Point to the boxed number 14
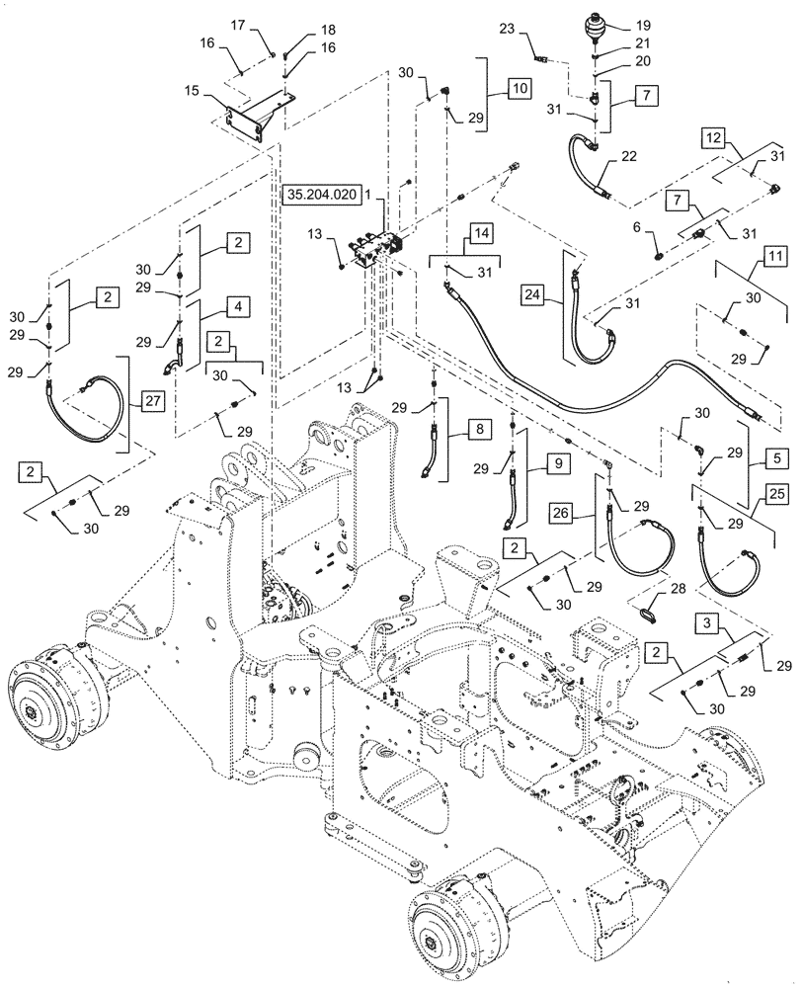click(481, 233)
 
